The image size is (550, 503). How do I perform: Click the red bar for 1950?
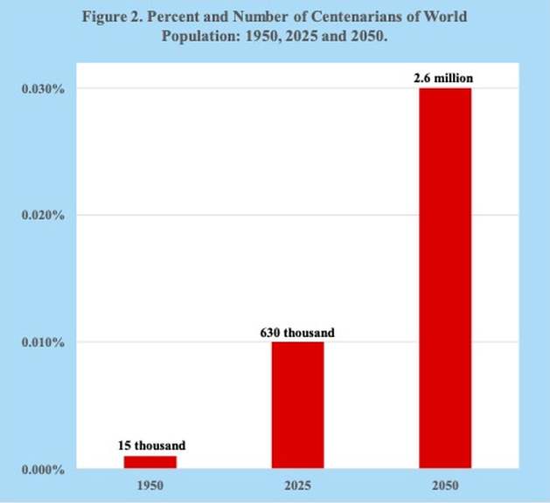pos(150,462)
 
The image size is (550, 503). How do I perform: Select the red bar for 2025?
pos(297,404)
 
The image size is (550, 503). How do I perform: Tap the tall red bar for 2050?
pos(445,278)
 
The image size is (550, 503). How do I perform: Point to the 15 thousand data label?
pos(151,445)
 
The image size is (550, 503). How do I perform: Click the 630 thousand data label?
pos(297,332)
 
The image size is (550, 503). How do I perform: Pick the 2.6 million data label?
pos(444,79)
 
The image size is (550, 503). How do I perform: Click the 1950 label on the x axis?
pos(150,485)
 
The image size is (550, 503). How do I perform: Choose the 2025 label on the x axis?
pos(297,485)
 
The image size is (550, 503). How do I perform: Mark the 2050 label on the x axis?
pos(444,485)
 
